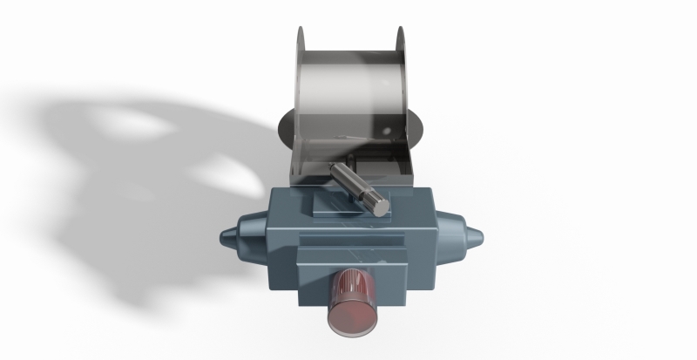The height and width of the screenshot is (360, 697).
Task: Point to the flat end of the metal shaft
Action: (x=380, y=206)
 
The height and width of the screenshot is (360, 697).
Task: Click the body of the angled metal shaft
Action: (x=352, y=185)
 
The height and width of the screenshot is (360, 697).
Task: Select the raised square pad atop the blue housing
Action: (x=335, y=207)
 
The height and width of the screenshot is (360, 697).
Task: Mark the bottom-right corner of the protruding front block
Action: (x=406, y=304)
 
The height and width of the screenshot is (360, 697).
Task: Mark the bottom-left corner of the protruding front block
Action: (x=299, y=304)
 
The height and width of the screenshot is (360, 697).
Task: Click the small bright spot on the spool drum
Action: (x=382, y=132)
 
